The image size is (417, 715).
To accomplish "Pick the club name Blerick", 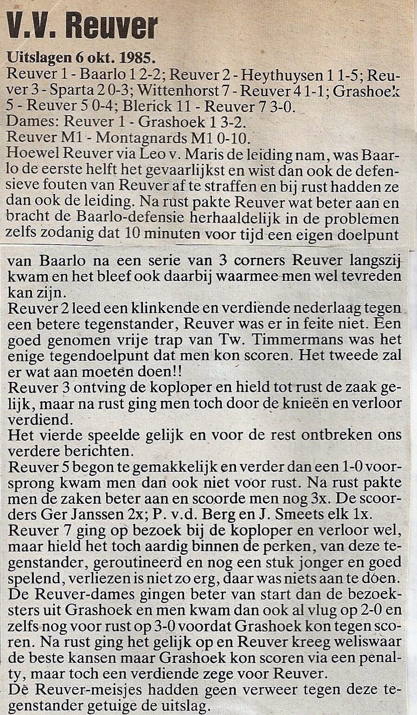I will coord(148,106).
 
